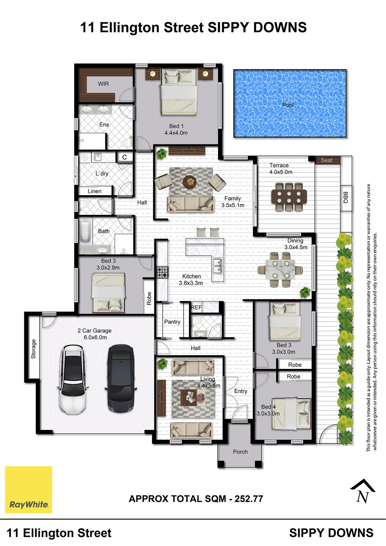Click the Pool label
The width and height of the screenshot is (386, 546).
[x=288, y=105]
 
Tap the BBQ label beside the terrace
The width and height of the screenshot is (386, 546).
[x=346, y=198]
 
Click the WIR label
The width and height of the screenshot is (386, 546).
[x=103, y=84]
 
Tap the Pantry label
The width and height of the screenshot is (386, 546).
[x=172, y=322]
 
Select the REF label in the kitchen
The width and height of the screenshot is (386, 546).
[x=196, y=308]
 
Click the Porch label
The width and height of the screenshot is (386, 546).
[x=240, y=452]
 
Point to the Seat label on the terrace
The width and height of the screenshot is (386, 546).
[x=327, y=160]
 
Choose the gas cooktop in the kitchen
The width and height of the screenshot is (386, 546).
[x=163, y=272]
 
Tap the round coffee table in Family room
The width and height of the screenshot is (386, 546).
[x=191, y=181]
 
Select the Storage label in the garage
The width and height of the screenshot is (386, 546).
[x=34, y=349]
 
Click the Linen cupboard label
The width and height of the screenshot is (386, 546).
[x=94, y=191]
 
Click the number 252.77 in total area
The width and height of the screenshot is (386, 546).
[x=249, y=499]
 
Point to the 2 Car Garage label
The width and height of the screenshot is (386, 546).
[x=94, y=331]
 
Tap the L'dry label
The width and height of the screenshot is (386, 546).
[x=102, y=174]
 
